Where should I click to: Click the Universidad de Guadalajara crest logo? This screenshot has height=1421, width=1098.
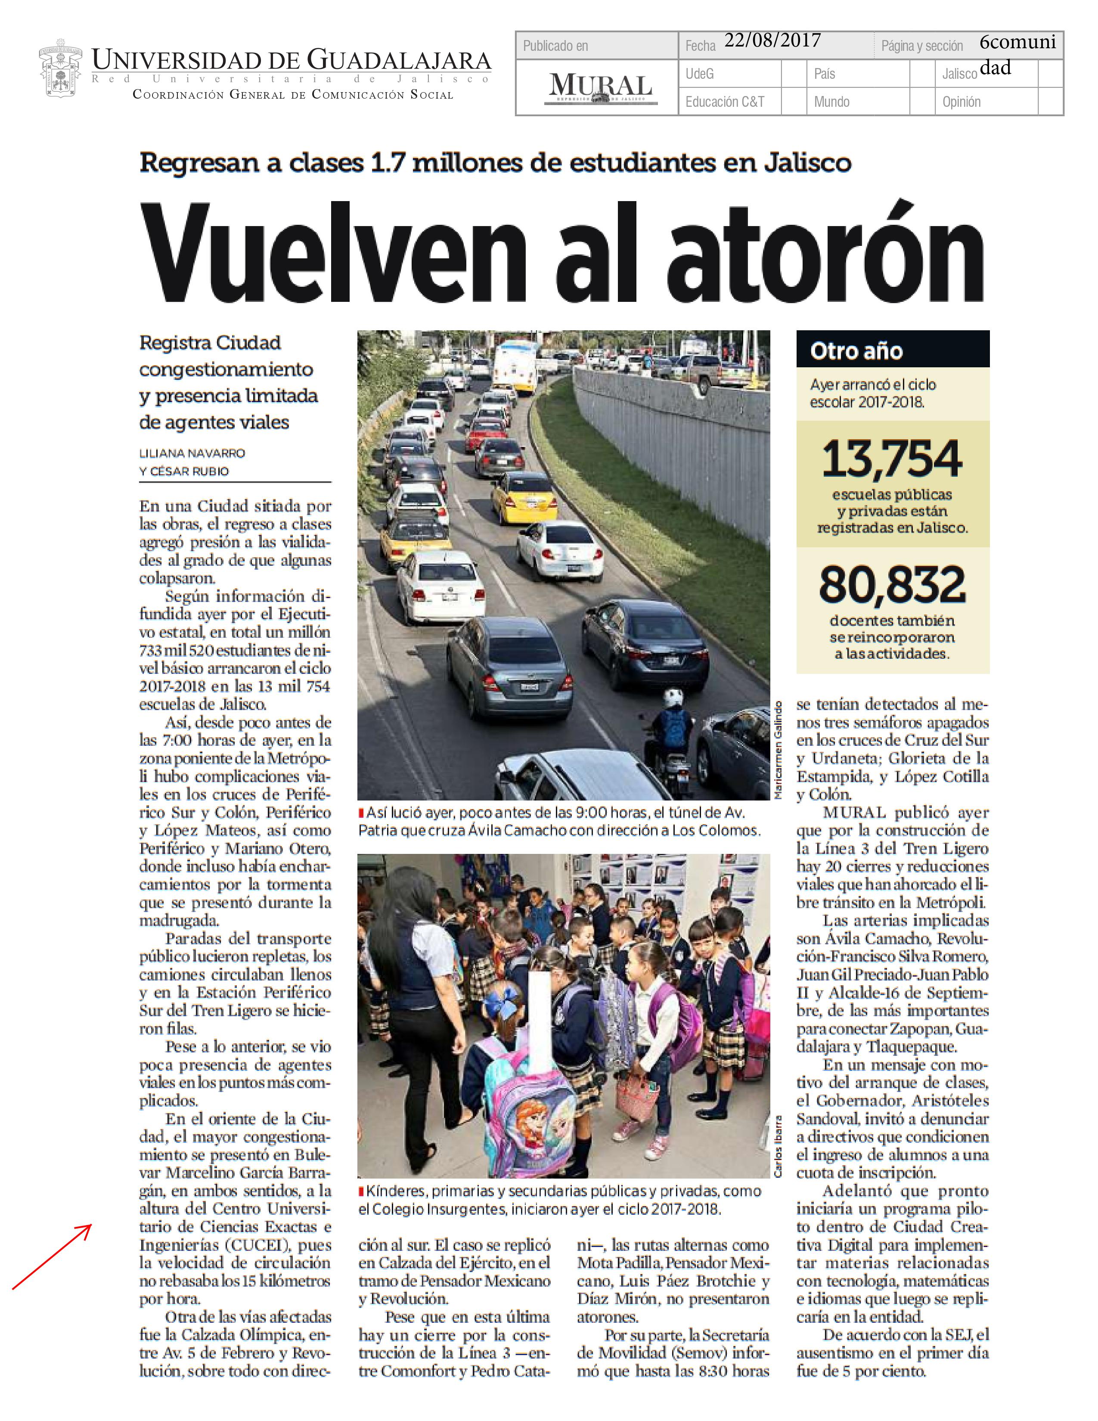pos(60,68)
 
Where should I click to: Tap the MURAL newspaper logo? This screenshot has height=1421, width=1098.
pos(600,88)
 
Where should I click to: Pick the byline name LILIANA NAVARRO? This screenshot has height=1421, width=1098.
pos(192,453)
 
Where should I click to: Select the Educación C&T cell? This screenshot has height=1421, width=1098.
pos(725,102)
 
